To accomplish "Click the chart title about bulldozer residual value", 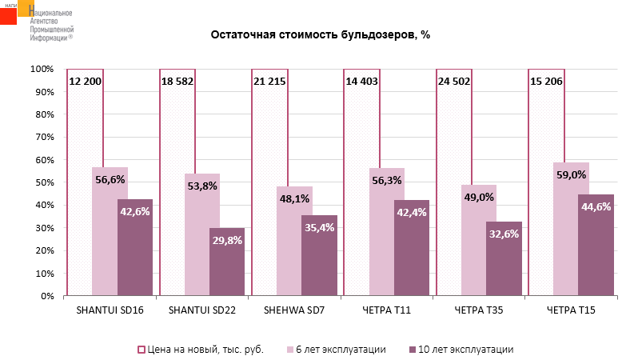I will [x=320, y=35].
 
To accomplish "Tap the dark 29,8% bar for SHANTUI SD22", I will [x=227, y=264].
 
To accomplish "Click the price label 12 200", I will [x=85, y=81].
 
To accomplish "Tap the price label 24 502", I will [x=453, y=81].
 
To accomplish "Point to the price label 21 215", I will [x=269, y=81].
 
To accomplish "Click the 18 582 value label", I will [x=177, y=81].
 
